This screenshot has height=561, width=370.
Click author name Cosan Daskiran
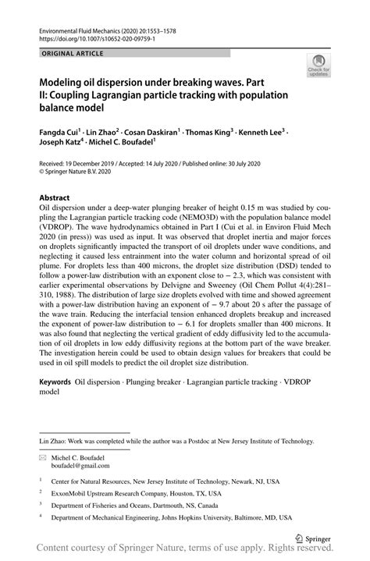(155, 132)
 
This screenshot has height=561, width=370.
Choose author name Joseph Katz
(62, 144)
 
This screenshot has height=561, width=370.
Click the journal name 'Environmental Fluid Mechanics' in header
(87, 27)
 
